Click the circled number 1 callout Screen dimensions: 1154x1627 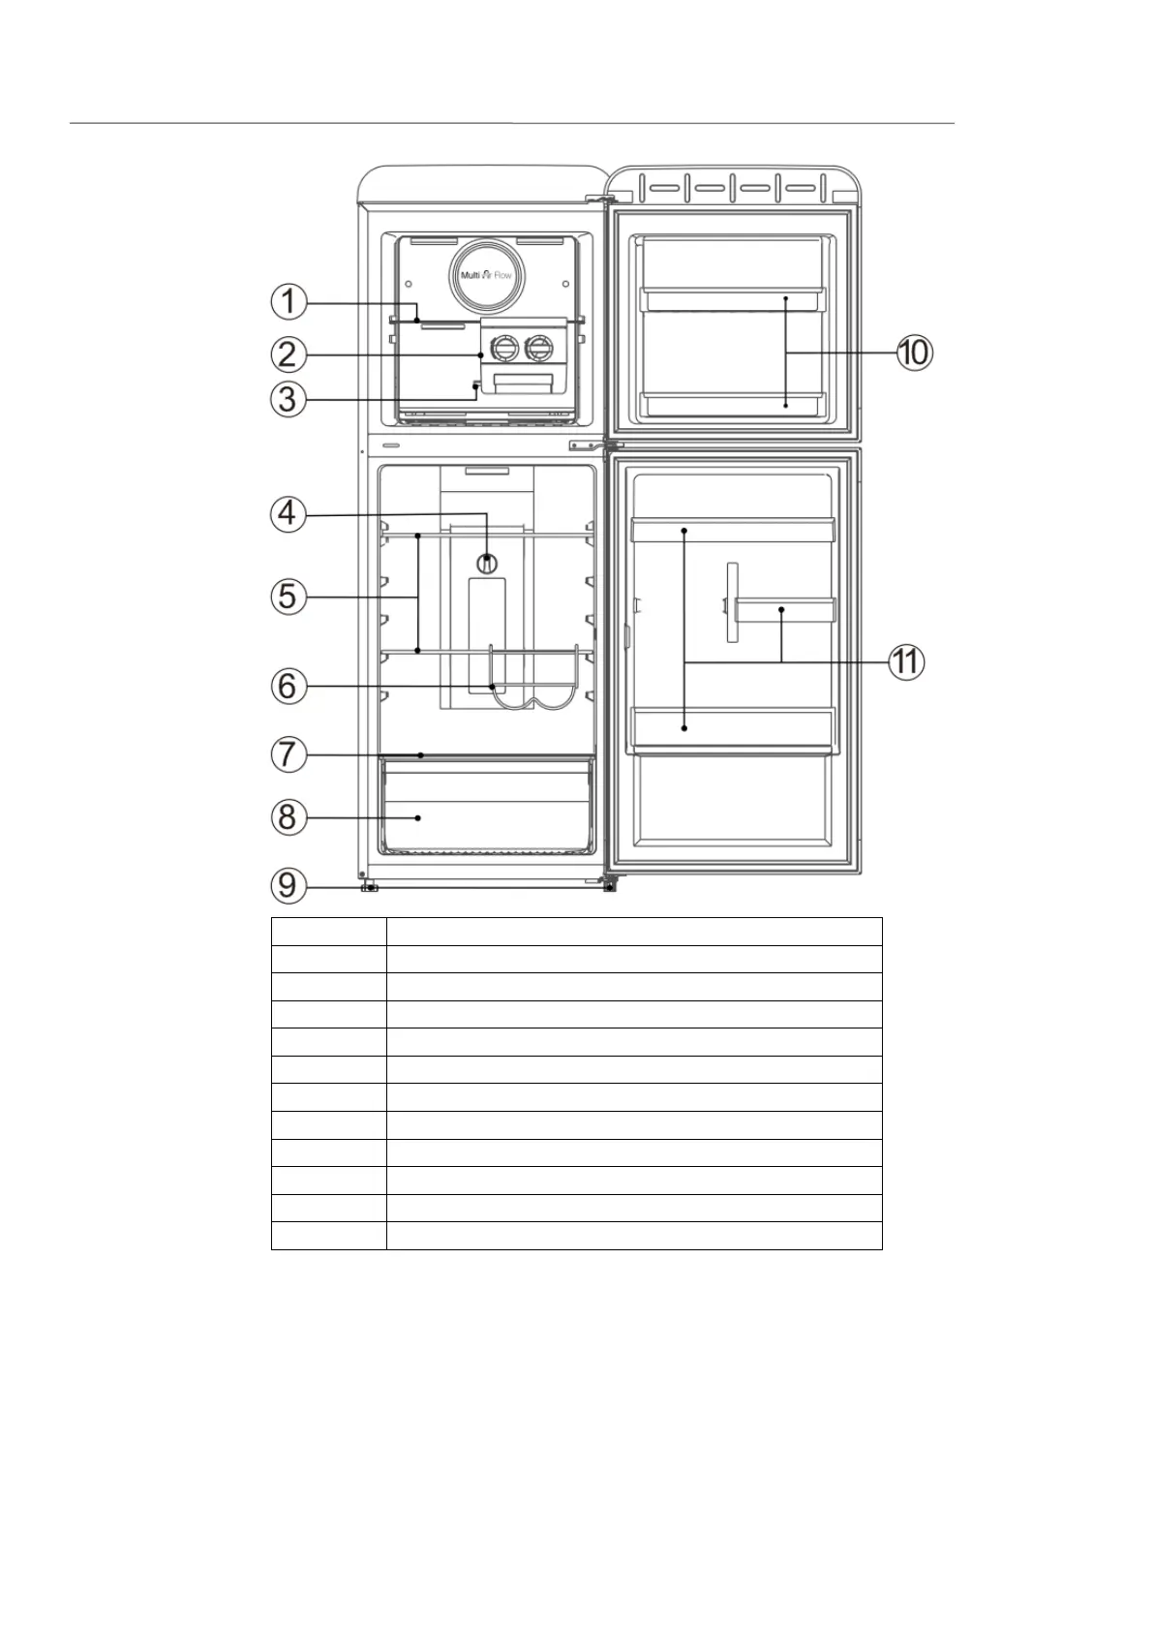pos(288,301)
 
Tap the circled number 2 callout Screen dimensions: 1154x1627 pos(288,354)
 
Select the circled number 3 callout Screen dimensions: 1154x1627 pos(288,399)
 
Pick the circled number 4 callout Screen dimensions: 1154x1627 pos(288,514)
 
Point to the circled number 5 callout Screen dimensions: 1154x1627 pos(288,597)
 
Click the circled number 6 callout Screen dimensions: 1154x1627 pos(288,686)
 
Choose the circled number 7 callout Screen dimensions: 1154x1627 pos(288,753)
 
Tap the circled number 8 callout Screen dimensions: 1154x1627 pos(288,816)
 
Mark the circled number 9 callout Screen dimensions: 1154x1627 pos(288,885)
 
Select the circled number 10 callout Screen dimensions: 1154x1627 pos(914,353)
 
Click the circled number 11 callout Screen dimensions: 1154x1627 pos(906,661)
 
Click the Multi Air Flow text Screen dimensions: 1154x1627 pos(487,275)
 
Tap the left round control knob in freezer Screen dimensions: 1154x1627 pos(504,349)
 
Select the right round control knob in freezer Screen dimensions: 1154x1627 pos(539,349)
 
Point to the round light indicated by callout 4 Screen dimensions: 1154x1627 pos(487,564)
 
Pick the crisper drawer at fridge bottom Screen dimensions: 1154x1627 pos(486,806)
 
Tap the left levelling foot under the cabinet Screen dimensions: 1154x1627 pos(370,887)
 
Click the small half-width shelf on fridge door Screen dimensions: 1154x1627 pos(785,610)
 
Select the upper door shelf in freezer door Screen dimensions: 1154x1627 pos(732,299)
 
